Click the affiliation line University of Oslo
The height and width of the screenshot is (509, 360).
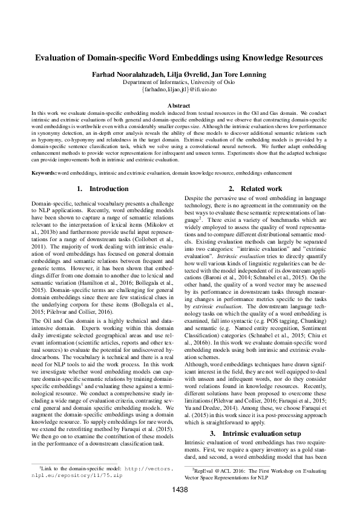(180, 81)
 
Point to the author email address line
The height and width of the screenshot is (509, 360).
(180, 89)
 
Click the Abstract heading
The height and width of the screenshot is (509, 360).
(180, 105)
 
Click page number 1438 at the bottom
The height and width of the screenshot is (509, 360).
(180, 490)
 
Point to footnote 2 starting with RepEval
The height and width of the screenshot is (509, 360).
(254, 472)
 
